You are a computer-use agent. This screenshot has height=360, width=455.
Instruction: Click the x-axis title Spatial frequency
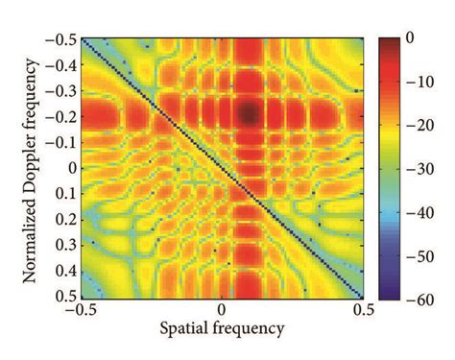[222, 328]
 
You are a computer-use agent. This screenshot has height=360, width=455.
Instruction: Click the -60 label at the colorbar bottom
[419, 298]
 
